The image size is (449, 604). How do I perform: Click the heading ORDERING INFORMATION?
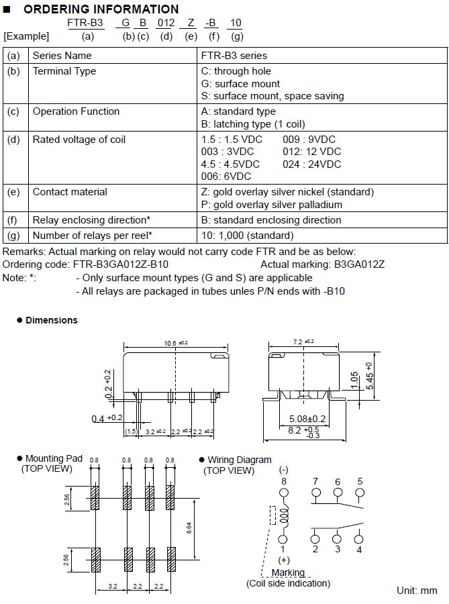101,9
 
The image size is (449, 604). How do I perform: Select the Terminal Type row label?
64,71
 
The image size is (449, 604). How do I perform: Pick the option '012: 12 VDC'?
311,152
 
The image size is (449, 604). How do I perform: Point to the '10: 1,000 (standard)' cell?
248,235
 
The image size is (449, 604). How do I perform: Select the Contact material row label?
70,192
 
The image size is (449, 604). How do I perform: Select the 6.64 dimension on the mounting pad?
189,528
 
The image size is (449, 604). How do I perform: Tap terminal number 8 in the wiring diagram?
284,481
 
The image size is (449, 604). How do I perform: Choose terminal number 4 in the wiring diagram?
359,550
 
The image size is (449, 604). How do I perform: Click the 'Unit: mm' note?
417,591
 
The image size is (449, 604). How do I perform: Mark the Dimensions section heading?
51,320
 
